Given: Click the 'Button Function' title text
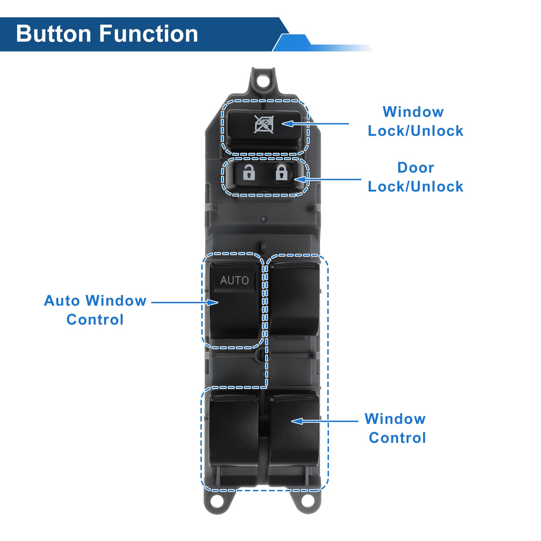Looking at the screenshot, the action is click(107, 34).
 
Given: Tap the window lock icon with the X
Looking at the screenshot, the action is click(264, 124).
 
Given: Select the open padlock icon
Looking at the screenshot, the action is click(249, 172).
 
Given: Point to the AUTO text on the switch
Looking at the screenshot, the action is click(234, 280).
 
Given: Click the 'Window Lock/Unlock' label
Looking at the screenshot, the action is click(415, 121).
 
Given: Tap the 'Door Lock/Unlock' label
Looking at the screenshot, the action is click(415, 177).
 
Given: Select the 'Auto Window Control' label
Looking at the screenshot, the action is click(95, 310).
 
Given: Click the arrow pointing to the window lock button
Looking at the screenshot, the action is click(315, 124).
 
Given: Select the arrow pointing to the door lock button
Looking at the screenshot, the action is click(327, 179).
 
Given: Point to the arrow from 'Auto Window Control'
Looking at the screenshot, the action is click(185, 302).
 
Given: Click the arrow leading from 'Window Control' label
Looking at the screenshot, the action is click(325, 421).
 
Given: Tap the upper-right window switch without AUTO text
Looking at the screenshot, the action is click(294, 299).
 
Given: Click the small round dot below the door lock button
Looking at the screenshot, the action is click(263, 219).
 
